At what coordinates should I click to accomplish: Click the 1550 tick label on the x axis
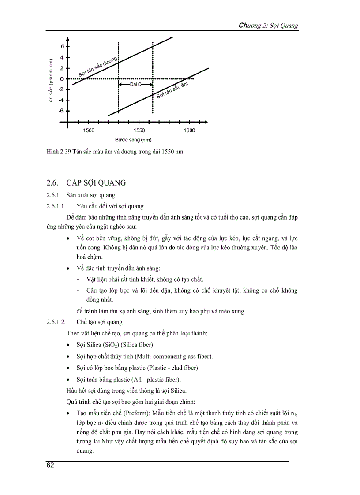139,130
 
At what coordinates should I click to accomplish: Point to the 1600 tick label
189,130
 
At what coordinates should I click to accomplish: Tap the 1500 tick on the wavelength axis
89,130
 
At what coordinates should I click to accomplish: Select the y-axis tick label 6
63,47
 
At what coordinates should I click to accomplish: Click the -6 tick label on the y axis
61,111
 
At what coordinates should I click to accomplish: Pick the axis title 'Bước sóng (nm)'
133,140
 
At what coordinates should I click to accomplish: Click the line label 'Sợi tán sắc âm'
172,90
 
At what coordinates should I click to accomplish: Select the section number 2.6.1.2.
56,322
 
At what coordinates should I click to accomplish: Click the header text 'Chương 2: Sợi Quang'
268,26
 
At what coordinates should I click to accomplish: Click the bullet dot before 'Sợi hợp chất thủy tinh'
67,357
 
